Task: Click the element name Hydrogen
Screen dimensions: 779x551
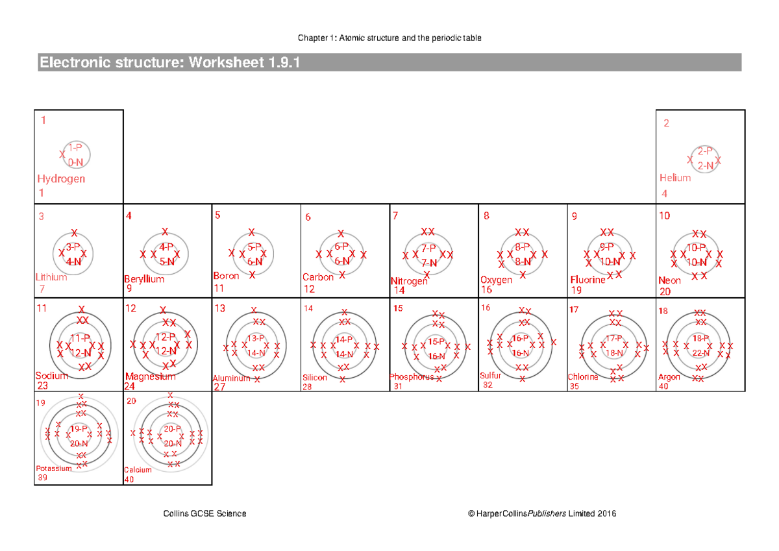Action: [61, 179]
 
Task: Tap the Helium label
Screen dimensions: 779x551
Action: [675, 178]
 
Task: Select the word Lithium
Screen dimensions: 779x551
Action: [51, 277]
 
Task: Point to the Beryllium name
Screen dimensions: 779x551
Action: [144, 279]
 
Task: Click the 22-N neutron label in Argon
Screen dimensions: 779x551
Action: [700, 353]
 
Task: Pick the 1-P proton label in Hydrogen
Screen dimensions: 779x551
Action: [75, 148]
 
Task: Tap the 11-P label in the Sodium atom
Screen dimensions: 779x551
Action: [80, 338]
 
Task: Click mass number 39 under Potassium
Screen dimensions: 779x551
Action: [42, 478]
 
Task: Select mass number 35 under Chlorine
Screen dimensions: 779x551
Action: [574, 386]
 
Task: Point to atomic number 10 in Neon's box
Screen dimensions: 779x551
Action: [665, 216]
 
